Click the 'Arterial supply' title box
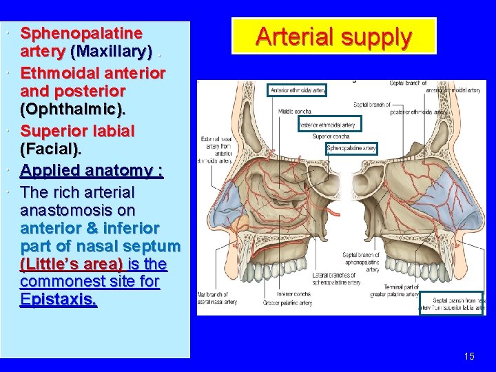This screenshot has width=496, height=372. point(334,37)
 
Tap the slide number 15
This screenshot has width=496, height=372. point(469,356)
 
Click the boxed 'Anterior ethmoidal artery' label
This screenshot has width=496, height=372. point(298,90)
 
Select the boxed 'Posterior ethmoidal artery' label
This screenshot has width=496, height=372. point(327,125)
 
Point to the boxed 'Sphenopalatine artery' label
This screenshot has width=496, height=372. point(351,148)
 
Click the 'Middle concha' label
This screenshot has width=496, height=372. point(294,111)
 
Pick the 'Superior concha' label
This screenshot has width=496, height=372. point(331,136)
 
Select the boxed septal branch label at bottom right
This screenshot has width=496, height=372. point(453,304)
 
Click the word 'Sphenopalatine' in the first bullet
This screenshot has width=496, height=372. point(81,33)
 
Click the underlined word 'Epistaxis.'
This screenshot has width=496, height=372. point(59,300)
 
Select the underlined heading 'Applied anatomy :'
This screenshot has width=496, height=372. point(92,170)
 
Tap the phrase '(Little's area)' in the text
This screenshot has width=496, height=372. point(72,265)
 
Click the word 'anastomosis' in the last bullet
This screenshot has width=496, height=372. point(78,209)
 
